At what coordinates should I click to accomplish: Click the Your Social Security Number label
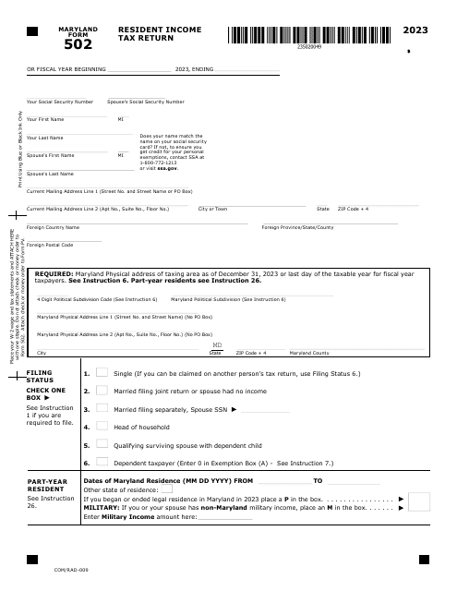tap(59, 102)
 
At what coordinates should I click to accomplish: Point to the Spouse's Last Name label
tap(49, 174)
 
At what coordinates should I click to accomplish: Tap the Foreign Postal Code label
tap(50, 245)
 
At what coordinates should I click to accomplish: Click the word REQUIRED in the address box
tap(54, 274)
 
